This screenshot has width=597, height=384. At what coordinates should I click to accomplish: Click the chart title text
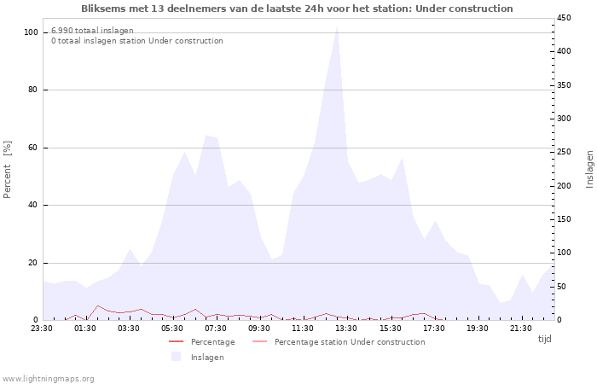coord(297,9)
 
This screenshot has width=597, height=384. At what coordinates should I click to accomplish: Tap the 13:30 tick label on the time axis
coord(346,329)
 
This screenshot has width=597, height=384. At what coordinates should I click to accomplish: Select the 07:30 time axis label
coord(216,329)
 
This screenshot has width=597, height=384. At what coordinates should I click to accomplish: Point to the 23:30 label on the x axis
coord(42,329)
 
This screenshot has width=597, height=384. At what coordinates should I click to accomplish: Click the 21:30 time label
coord(520,329)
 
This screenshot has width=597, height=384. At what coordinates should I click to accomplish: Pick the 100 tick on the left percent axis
coord(31,32)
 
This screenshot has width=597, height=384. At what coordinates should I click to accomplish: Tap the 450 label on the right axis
coord(564,18)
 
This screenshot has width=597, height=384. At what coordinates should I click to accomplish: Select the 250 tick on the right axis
coord(564,152)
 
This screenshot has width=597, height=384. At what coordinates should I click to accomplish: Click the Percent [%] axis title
coord(7,170)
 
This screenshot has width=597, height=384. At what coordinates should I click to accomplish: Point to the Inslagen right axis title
coord(589,170)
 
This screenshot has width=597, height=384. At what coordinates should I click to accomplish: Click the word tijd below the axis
coord(544,339)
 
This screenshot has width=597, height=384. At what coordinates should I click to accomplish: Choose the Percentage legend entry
coord(202,342)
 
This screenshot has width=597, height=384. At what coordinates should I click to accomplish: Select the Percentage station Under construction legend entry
coord(339,342)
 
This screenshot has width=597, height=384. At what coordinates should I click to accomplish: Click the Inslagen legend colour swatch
coord(176,357)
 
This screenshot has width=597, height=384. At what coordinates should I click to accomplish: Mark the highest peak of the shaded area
coord(337,26)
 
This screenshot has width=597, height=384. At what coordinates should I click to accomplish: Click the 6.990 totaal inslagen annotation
coord(92,31)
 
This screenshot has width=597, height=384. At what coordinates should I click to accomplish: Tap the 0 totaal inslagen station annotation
coord(137,41)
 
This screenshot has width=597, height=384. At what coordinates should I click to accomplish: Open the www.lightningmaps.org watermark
coord(48,379)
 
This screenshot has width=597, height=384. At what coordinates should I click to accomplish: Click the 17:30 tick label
coord(433,329)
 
